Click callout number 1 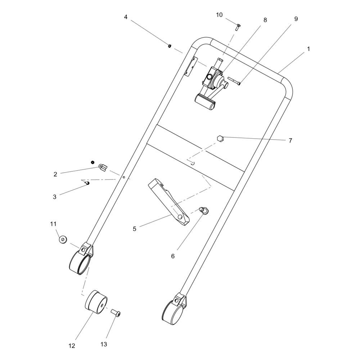point(309,49)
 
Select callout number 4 point(126,17)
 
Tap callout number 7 point(291,140)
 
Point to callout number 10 point(219,15)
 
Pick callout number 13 point(104,344)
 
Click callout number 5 point(135,229)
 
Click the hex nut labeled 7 point(220,138)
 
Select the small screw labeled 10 point(238,27)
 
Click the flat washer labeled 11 point(63,239)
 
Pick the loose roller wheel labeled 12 point(96,302)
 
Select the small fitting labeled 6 point(203,210)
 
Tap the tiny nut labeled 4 point(170,46)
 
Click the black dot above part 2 point(92,162)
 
